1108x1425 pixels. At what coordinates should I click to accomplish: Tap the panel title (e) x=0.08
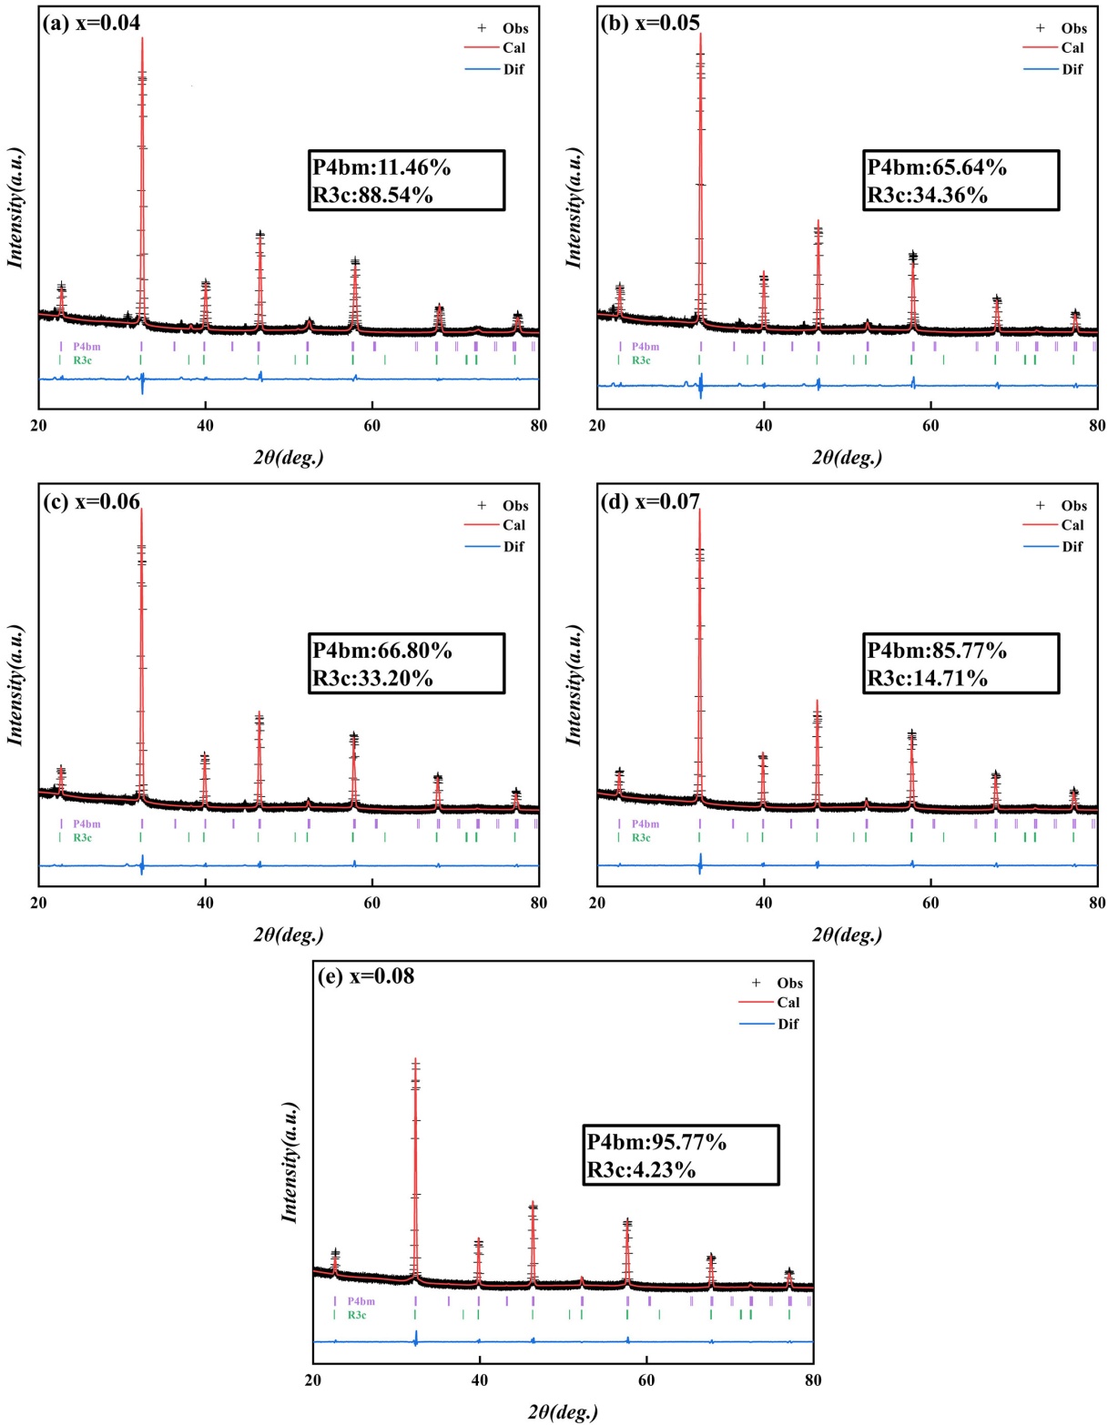tap(366, 976)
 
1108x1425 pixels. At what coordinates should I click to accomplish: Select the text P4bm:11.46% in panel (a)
tap(381, 167)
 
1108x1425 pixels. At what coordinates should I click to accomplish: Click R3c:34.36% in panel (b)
tap(927, 195)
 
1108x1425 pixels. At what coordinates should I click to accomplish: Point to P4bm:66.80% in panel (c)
tap(382, 651)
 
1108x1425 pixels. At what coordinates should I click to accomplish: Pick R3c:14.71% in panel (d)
tap(927, 678)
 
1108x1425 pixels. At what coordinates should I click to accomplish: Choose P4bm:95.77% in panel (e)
tap(656, 1142)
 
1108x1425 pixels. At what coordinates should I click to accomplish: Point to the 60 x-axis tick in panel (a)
tap(371, 425)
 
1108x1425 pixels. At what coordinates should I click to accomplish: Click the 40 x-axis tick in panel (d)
tap(764, 903)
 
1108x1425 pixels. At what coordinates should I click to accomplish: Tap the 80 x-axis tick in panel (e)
tap(813, 1380)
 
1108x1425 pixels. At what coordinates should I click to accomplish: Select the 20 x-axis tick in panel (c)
tap(39, 903)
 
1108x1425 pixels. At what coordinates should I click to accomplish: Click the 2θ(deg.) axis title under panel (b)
tap(847, 457)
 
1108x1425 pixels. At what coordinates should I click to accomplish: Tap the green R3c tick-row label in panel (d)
tap(642, 837)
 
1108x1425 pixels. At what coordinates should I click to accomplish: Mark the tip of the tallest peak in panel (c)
tap(141, 509)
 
